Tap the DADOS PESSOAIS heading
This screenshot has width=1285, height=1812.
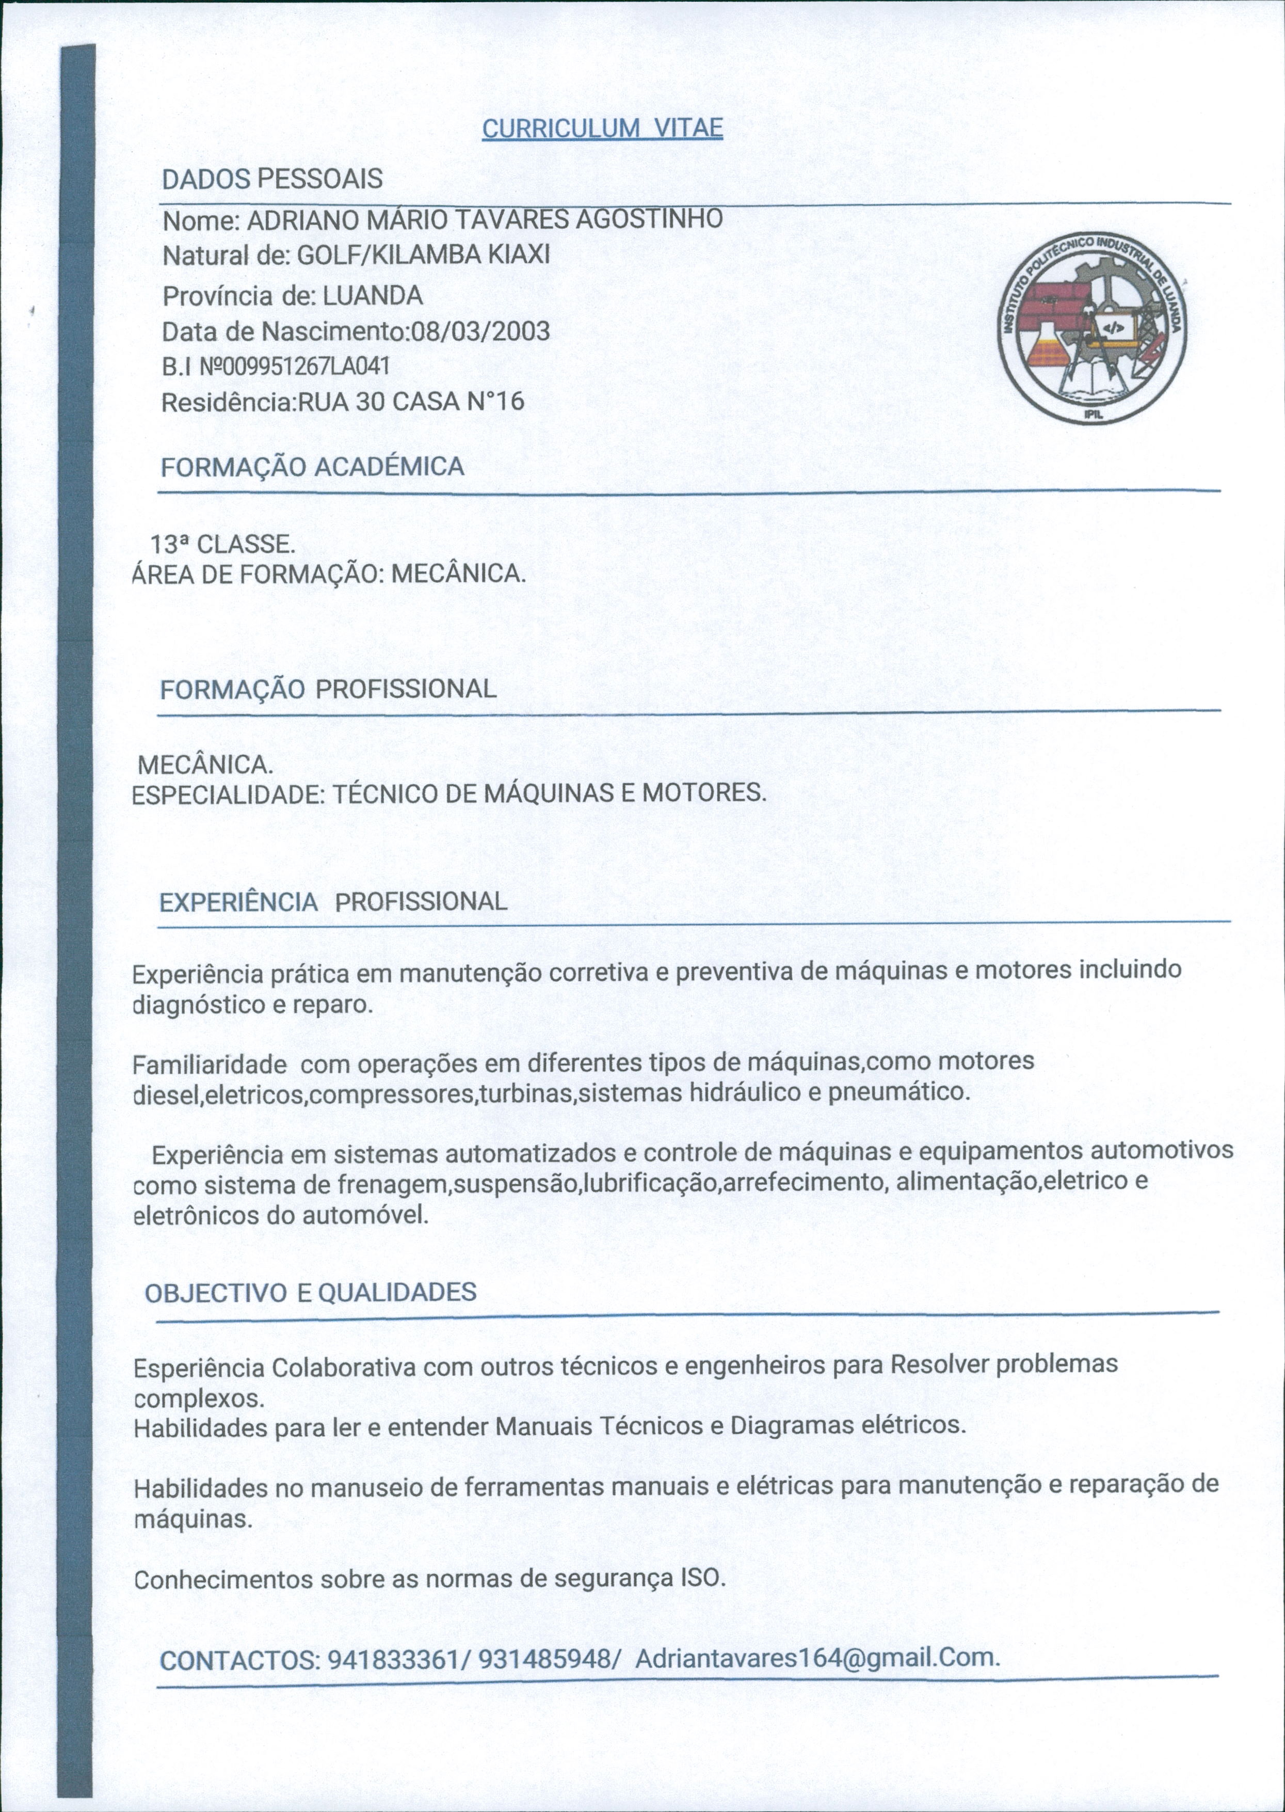[x=272, y=179]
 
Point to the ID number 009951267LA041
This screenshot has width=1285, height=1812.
[x=304, y=365]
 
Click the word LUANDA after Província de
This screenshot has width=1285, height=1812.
[x=374, y=295]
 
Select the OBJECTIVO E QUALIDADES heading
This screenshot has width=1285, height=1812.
[x=310, y=1293]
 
